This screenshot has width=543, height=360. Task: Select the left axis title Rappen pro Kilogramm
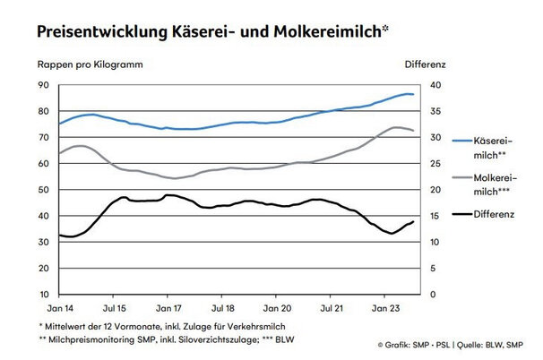[x=89, y=65]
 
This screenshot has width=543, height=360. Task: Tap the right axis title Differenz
[x=425, y=65]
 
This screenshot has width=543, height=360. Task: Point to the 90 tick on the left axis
[x=43, y=85]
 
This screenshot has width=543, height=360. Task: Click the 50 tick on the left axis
[x=43, y=190]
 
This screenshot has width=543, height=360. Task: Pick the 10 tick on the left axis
[x=43, y=295]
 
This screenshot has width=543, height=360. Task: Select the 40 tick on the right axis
[x=435, y=85]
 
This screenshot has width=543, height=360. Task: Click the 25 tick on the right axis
[x=435, y=164]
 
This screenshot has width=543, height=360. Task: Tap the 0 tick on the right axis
[x=433, y=295]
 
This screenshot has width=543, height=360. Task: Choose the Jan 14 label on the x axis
[x=58, y=308]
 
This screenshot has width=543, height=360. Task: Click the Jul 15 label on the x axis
[x=113, y=308]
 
